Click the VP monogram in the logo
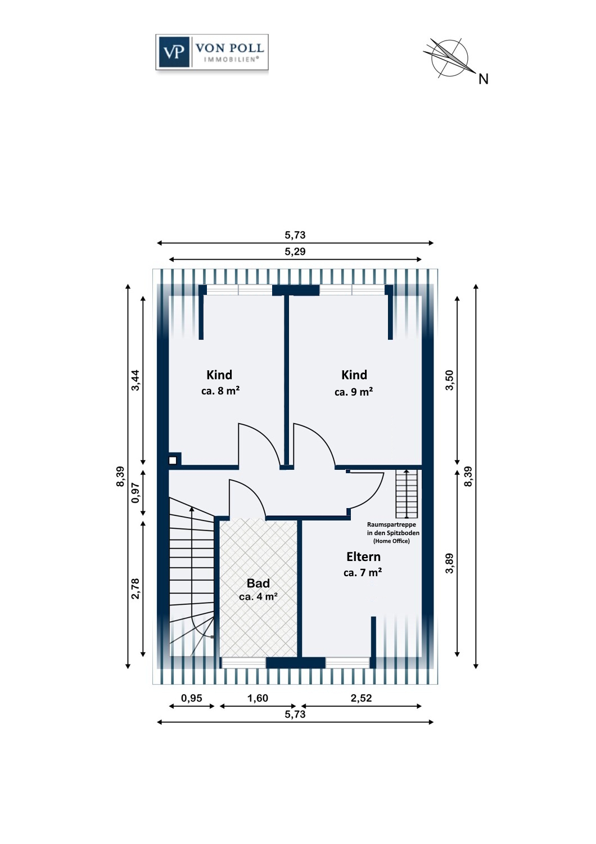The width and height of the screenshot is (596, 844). pyautogui.click(x=174, y=52)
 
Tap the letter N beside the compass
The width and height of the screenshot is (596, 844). pyautogui.click(x=483, y=79)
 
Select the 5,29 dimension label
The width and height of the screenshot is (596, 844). pyautogui.click(x=295, y=252)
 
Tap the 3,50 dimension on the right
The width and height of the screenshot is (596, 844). pyautogui.click(x=450, y=380)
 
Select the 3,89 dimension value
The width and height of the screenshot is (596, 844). pyautogui.click(x=450, y=563)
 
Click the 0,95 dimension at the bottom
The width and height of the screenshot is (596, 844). pyautogui.click(x=192, y=698)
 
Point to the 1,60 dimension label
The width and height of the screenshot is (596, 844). pyautogui.click(x=258, y=698)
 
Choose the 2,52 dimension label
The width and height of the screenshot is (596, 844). pyautogui.click(x=361, y=698)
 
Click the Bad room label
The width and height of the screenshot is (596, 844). pyautogui.click(x=258, y=583)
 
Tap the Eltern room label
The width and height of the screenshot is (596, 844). pyautogui.click(x=363, y=556)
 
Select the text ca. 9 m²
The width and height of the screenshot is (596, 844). pyautogui.click(x=354, y=392)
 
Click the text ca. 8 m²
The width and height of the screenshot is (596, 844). pyautogui.click(x=220, y=390)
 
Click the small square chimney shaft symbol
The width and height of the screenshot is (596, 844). pyautogui.click(x=173, y=460)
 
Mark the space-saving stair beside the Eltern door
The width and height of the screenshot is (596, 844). pyautogui.click(x=407, y=493)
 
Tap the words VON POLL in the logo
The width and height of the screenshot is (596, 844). pyautogui.click(x=229, y=48)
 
